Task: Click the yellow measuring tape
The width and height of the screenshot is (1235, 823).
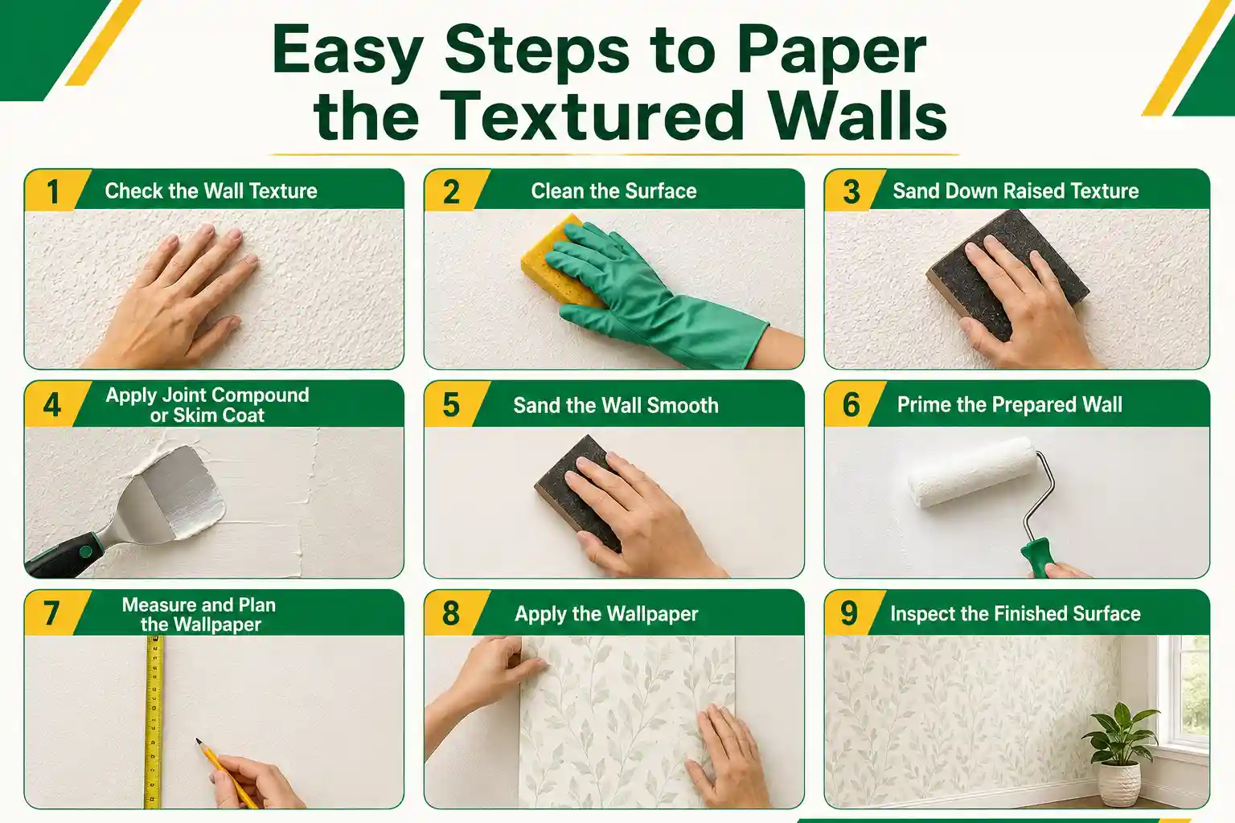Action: tap(154, 722)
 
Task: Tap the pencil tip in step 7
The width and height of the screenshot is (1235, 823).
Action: tap(198, 741)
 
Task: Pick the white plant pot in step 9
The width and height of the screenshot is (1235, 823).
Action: tap(1119, 784)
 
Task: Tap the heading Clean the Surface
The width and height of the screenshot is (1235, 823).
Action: tap(613, 191)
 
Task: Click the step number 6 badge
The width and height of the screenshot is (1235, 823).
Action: tap(851, 404)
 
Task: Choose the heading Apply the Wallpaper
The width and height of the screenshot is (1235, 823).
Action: tap(606, 614)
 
